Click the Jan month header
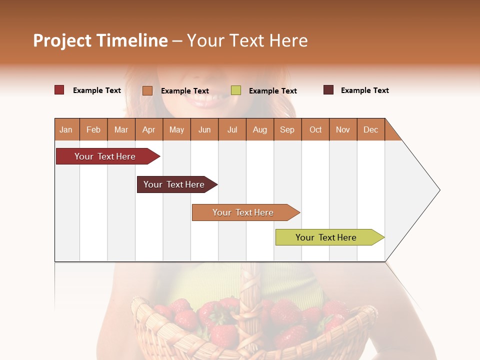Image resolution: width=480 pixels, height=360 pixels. point(66,129)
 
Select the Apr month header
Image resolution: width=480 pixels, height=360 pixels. point(149,129)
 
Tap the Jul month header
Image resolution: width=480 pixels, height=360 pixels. point(232,129)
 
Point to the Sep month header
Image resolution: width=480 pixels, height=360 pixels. point(287,129)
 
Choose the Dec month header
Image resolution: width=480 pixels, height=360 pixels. point(370,129)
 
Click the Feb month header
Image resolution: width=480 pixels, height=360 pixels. point(93,129)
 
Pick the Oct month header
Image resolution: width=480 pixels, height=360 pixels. point(315,129)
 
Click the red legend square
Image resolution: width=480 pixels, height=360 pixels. point(59,90)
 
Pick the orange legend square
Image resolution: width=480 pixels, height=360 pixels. point(147,90)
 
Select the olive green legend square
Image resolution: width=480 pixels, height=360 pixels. point(236,90)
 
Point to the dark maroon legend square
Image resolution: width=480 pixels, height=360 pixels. point(328,90)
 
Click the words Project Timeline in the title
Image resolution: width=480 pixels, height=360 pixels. point(100,40)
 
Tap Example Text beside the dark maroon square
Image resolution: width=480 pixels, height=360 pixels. point(364,90)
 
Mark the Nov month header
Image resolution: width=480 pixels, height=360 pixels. point(343,129)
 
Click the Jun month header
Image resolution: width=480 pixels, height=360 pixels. point(204,129)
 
